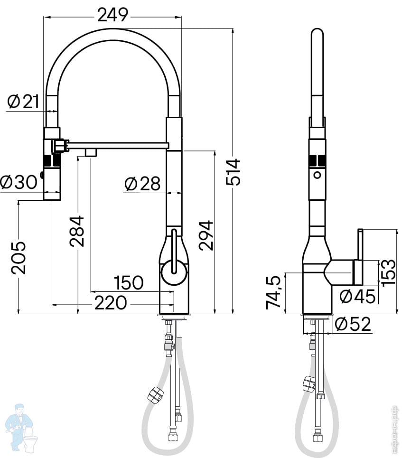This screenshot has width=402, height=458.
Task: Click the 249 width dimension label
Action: click(x=113, y=15)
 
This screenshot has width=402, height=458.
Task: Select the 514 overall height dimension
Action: click(x=233, y=172)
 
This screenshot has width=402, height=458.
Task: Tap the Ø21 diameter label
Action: click(x=23, y=102)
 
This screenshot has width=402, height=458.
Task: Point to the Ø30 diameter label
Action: click(x=19, y=182)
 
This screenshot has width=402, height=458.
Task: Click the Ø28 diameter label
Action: click(x=142, y=184)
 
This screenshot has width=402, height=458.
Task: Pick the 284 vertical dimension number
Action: click(x=77, y=231)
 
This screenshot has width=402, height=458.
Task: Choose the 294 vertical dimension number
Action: click(x=206, y=235)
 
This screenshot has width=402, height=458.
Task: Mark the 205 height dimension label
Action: click(x=19, y=258)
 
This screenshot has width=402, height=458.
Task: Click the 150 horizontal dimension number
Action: click(x=129, y=282)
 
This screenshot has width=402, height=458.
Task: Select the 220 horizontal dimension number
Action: click(x=111, y=303)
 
